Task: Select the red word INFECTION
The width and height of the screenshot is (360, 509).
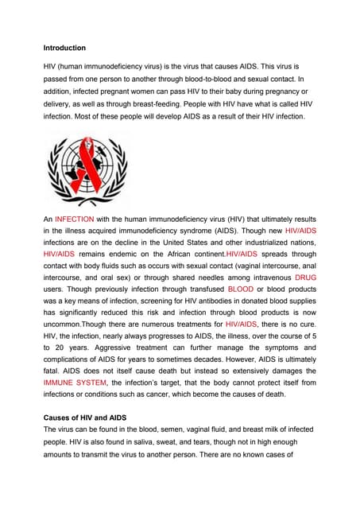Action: (75, 218)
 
